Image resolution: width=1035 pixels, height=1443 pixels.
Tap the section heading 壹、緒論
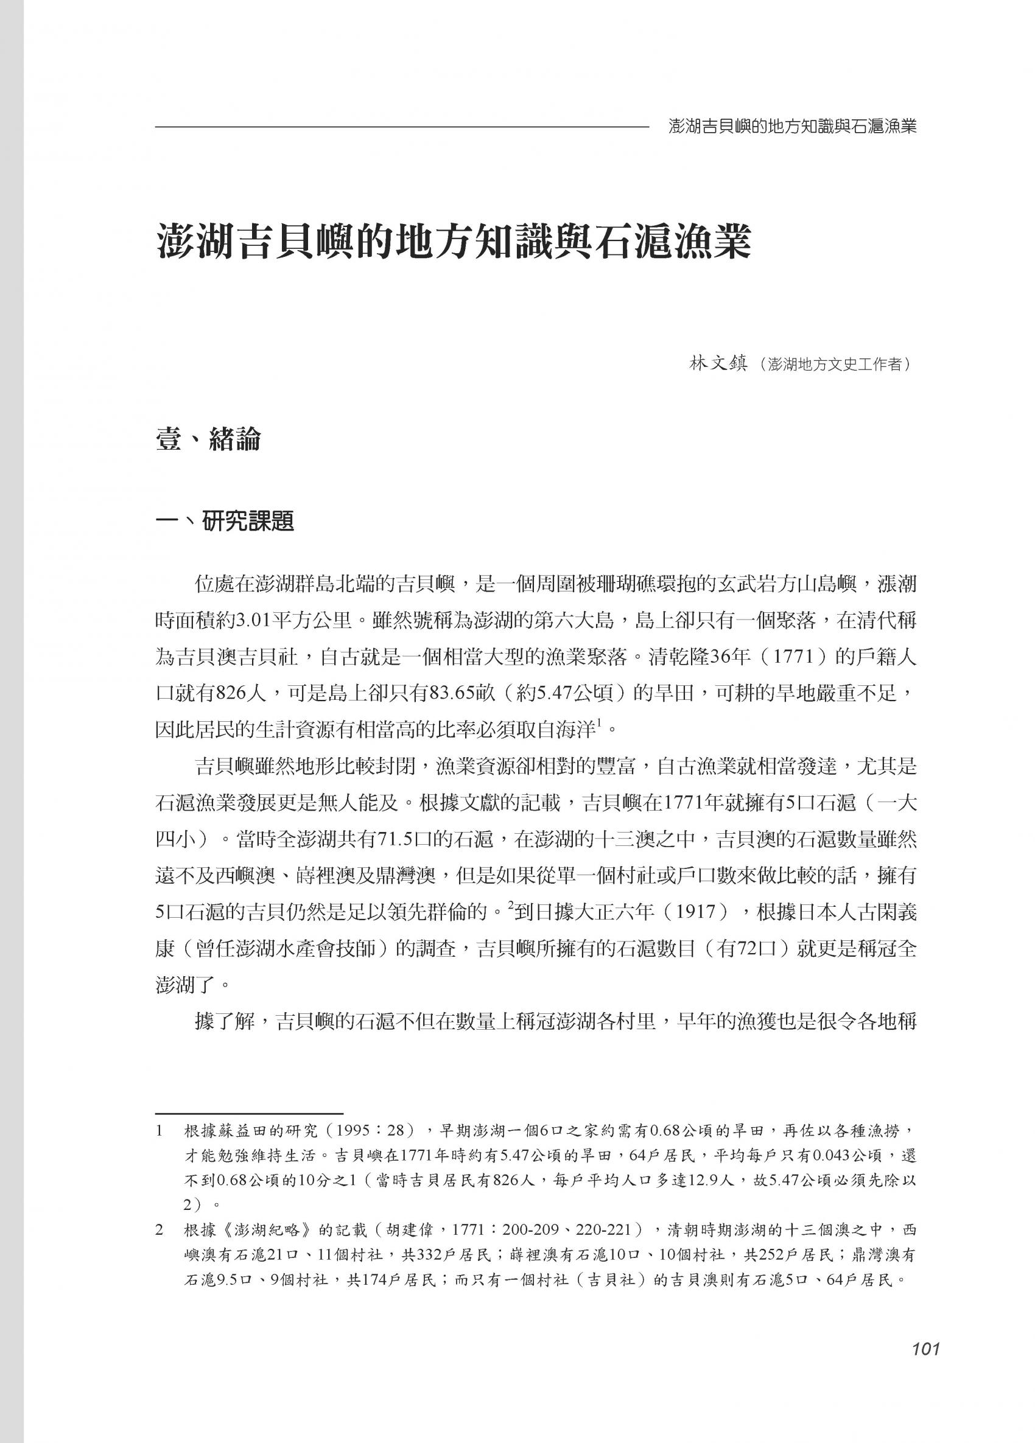[x=208, y=439]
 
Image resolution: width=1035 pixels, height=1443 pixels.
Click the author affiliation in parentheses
[x=831, y=365]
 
